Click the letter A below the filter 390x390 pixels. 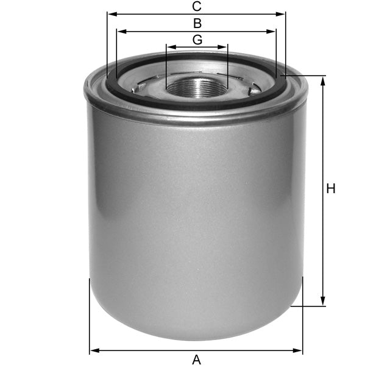click(196, 360)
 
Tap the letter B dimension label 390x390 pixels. click(197, 24)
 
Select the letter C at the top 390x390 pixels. click(196, 7)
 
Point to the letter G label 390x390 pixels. click(197, 40)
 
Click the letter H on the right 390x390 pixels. click(331, 189)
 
